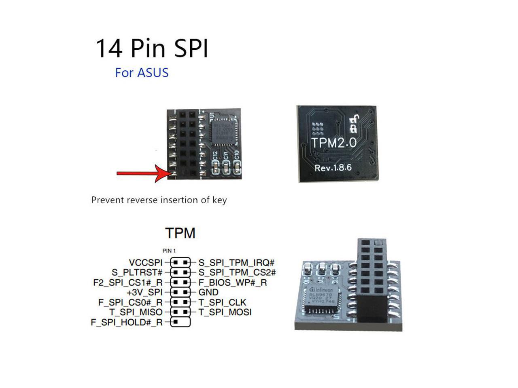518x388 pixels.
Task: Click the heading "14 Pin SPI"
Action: coord(152,48)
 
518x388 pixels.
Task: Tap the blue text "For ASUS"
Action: coord(142,73)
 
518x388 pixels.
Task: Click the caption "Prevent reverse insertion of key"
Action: coord(159,200)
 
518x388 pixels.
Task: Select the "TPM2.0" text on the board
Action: coord(333,143)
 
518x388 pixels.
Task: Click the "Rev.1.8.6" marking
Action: coord(333,168)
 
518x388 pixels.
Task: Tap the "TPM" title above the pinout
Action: coord(180,233)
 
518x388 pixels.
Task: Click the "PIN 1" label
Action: coord(169,251)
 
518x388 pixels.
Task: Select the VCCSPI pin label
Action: coord(145,263)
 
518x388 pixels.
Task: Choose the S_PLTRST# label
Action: coord(137,272)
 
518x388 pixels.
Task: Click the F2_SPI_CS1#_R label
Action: coord(127,283)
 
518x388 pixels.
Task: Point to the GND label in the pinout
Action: coord(208,292)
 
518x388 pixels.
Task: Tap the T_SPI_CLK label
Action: coord(222,302)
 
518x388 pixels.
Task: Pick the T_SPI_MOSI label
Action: coord(225,312)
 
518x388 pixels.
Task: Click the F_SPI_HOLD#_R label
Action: coord(126,323)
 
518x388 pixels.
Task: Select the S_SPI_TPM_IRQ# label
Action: coord(236,263)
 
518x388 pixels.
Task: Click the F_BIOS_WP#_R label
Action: coord(233,283)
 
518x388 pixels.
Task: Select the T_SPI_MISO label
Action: coord(136,312)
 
